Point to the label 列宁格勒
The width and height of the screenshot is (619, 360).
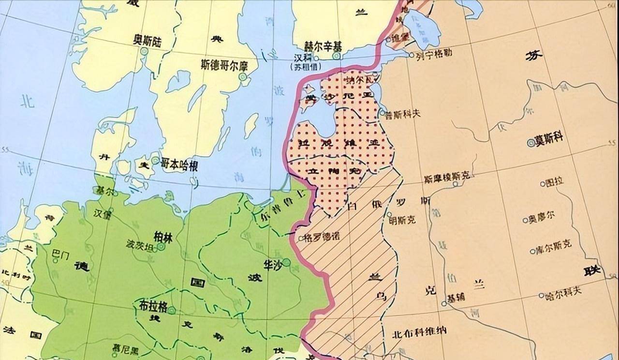coord(434,53)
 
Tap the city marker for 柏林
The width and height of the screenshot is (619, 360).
coord(161,246)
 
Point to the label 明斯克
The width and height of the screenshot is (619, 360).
coord(402,220)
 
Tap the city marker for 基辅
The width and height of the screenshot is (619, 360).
coord(444,304)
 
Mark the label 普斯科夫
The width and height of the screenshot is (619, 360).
coord(403,114)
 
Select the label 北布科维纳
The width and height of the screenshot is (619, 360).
coord(419,331)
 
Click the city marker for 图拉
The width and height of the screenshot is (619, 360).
coord(543,184)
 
